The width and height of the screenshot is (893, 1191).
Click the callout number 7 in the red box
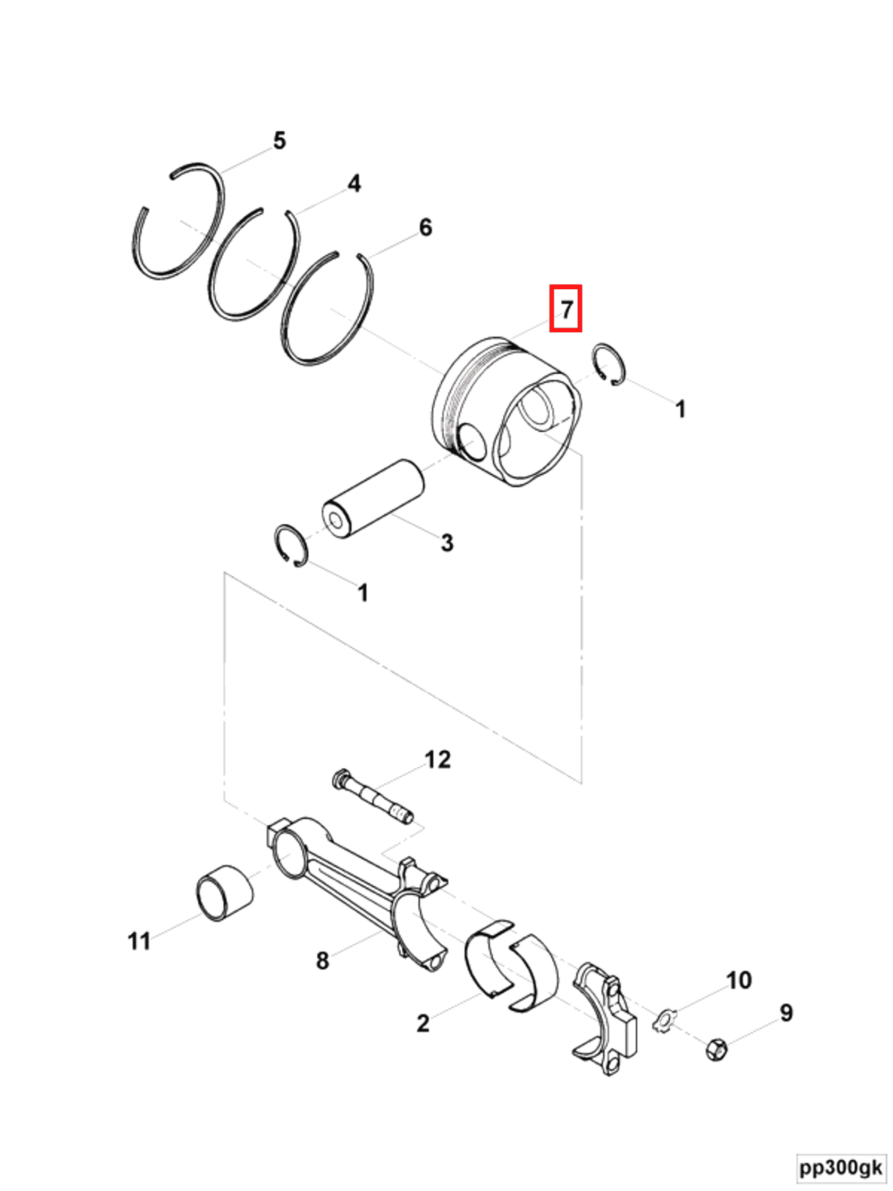(566, 309)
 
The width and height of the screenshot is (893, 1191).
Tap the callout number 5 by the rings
(280, 140)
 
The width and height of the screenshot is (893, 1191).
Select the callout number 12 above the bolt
(437, 760)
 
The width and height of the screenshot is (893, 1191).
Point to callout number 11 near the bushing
(139, 941)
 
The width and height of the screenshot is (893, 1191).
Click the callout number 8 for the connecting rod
(322, 960)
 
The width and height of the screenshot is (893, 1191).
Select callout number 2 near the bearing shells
(423, 1024)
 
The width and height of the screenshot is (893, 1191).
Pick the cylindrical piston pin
(374, 498)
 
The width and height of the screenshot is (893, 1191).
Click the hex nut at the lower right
(716, 1050)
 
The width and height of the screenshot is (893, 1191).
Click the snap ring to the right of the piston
(609, 364)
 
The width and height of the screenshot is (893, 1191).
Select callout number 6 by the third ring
(425, 227)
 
